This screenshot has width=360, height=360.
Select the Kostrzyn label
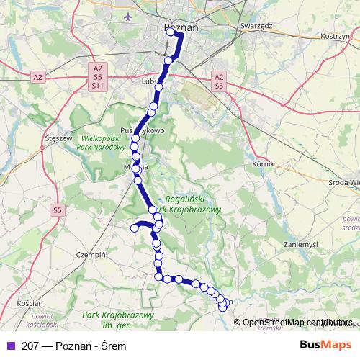coord(334,35)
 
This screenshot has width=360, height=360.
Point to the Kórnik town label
coord(264,165)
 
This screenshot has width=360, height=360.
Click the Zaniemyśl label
coord(300,244)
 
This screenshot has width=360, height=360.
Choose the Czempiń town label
coord(91,255)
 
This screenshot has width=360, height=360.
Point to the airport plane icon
coord(128,16)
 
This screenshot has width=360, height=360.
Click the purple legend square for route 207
coord(9,346)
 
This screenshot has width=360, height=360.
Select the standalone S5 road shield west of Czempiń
coord(58,210)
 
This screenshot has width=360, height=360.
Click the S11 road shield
coord(97,85)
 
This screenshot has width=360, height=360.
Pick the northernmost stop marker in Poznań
coord(171,32)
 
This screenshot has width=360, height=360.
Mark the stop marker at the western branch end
coord(134,228)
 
